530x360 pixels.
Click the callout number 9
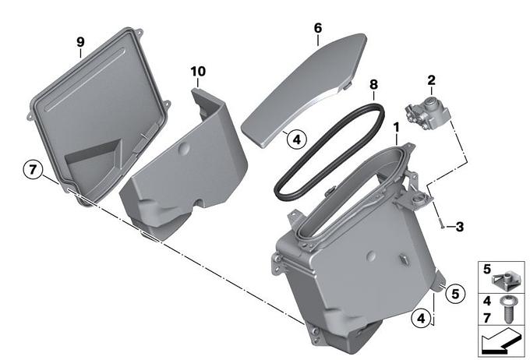[x=80, y=42]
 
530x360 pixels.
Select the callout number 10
[x=198, y=72]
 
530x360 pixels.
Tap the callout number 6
[x=318, y=28]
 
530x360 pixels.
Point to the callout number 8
[x=373, y=84]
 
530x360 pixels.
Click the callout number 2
[x=431, y=80]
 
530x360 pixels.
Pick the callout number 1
[x=396, y=128]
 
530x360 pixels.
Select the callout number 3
[x=459, y=227]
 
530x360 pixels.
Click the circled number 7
[x=33, y=168]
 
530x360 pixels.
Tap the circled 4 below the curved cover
[x=296, y=139]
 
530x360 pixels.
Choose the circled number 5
[x=455, y=294]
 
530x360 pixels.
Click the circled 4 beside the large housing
[x=421, y=319]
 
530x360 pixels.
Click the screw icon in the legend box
[x=507, y=309]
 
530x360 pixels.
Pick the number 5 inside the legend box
[x=486, y=269]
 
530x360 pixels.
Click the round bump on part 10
[x=184, y=148]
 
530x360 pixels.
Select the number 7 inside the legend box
[x=486, y=318]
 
